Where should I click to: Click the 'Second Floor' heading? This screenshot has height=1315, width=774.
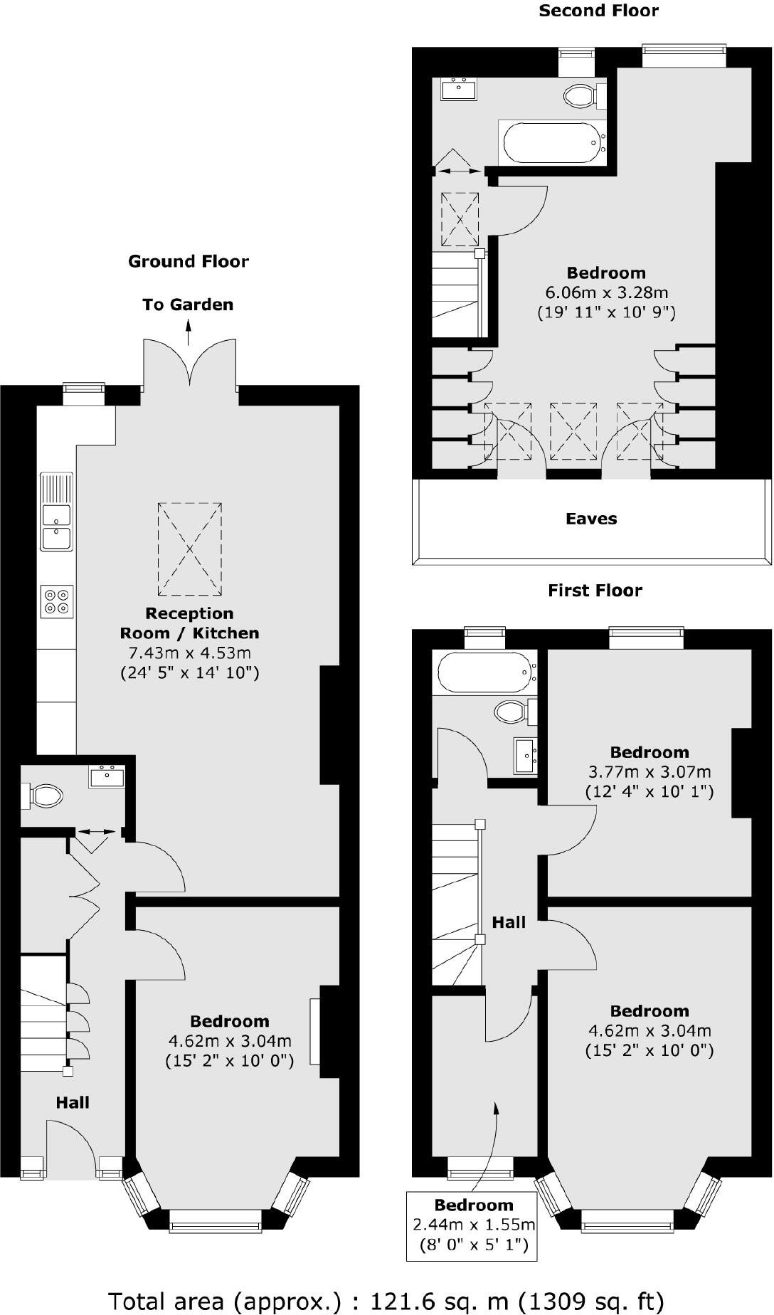click(598, 11)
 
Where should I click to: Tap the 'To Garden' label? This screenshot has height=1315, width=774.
click(188, 305)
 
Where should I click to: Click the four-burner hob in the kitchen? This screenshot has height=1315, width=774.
click(57, 601)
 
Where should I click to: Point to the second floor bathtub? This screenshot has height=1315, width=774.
click(551, 142)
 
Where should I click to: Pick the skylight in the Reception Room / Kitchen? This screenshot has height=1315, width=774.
click(189, 549)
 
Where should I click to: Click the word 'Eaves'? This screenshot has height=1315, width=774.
click(591, 519)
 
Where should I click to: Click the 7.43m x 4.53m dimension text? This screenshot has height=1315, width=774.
click(189, 653)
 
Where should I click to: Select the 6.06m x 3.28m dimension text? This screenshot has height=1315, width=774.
click(606, 292)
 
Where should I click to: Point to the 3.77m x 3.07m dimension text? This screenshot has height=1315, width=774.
click(649, 771)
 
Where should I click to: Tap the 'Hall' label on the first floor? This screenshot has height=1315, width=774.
click(509, 922)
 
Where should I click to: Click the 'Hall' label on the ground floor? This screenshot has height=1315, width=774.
click(73, 1102)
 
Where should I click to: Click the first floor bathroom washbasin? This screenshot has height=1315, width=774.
click(526, 755)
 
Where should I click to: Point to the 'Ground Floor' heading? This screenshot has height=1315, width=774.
click(189, 261)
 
